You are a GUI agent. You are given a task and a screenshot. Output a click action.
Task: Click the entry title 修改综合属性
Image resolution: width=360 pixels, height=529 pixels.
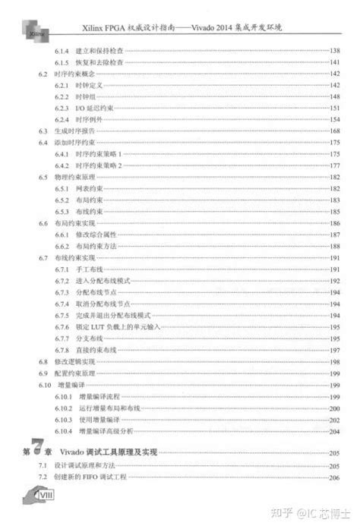(x=94, y=235)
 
